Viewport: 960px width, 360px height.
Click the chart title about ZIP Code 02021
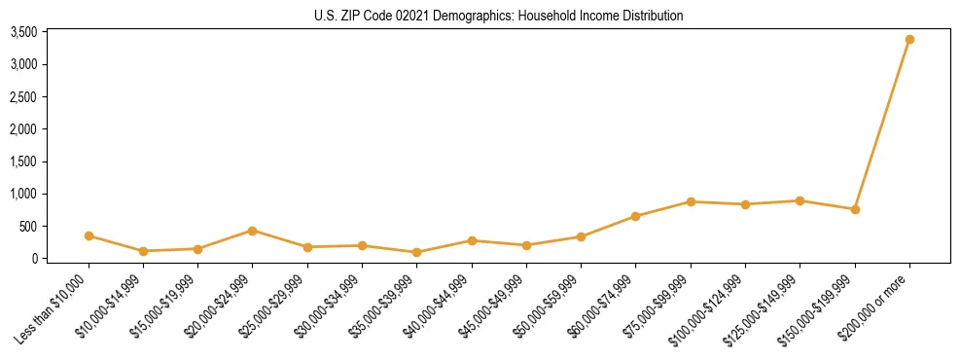pyautogui.click(x=499, y=16)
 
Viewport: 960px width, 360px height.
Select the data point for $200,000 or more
pyautogui.click(x=909, y=40)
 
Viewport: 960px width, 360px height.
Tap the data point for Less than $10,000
pyautogui.click(x=89, y=235)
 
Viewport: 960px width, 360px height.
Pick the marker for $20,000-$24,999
pyautogui.click(x=253, y=231)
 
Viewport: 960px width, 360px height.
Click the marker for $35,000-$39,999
pyautogui.click(x=417, y=252)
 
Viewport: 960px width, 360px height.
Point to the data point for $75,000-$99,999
pyautogui.click(x=691, y=201)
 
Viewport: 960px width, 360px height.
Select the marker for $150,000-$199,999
pyautogui.click(x=855, y=209)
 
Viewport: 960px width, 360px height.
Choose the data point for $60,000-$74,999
pyautogui.click(x=636, y=216)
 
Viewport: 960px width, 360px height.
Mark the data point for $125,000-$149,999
pyautogui.click(x=800, y=200)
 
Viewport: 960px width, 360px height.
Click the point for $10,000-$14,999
pyautogui.click(x=143, y=251)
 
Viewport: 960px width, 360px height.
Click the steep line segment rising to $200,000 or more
pyautogui.click(x=882, y=125)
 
